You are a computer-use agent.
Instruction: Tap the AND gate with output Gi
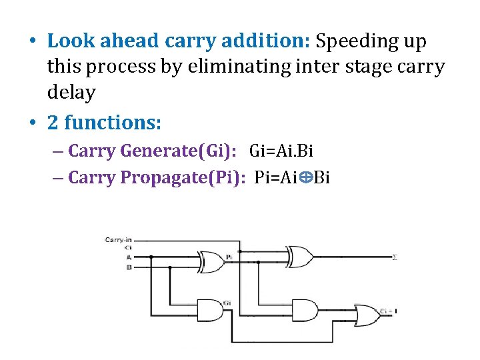[x=211, y=310]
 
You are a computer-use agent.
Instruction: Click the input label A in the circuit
[x=128, y=256]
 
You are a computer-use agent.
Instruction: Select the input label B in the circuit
[x=128, y=267]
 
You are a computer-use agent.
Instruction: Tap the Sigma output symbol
[x=395, y=257]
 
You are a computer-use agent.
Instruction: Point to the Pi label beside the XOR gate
[x=229, y=255]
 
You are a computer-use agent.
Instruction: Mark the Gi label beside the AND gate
[x=227, y=303]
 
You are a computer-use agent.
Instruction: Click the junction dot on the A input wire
[x=151, y=257]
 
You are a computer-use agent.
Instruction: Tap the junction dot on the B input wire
[x=170, y=267]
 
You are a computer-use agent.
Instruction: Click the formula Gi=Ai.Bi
[x=281, y=151]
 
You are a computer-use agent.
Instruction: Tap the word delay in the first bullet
[x=71, y=93]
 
